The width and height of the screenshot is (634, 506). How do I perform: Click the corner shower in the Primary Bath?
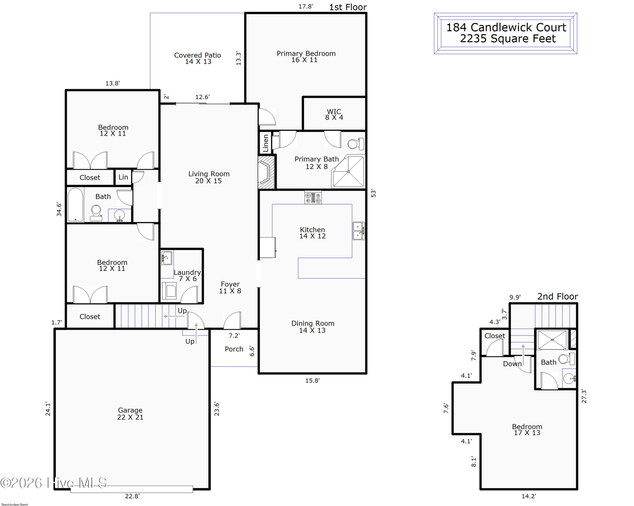pyautogui.click(x=348, y=171)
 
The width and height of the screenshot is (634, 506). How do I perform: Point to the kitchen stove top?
pyautogui.click(x=313, y=197)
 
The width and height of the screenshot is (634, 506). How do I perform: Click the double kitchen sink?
pyautogui.click(x=358, y=231)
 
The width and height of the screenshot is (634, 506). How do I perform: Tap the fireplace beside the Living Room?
pyautogui.click(x=266, y=172)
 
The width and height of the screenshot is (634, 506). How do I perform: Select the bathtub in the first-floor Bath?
pyautogui.click(x=76, y=205)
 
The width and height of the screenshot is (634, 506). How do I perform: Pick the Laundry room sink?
pyautogui.click(x=167, y=258)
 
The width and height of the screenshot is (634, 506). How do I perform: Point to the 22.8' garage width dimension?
pyautogui.click(x=132, y=496)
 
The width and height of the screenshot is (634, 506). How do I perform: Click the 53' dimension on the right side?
pyautogui.click(x=373, y=193)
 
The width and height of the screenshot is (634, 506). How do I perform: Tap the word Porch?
pyautogui.click(x=234, y=349)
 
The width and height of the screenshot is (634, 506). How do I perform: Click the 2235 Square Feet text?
pyautogui.click(x=508, y=38)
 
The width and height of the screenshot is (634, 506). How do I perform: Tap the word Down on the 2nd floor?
pyautogui.click(x=512, y=364)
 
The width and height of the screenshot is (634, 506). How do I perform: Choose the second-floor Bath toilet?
pyautogui.click(x=566, y=359)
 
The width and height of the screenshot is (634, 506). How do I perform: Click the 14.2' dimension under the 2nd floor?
pyautogui.click(x=529, y=496)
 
